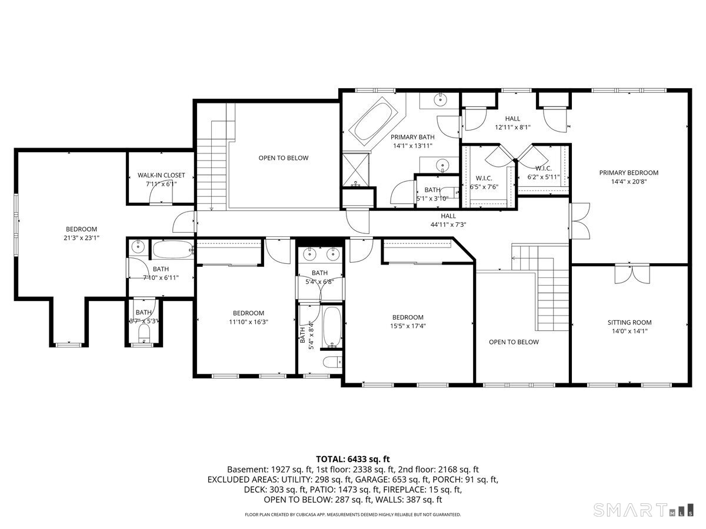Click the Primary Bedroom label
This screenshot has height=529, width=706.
click(628, 173)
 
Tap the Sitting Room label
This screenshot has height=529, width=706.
click(630, 322)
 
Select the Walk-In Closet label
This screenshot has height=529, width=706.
click(161, 175)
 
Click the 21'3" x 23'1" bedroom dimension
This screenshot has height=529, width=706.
click(81, 238)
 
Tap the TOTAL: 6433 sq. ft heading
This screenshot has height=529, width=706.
click(353, 459)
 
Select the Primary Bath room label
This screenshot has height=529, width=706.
click(413, 137)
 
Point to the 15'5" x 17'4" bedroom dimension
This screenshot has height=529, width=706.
click(408, 326)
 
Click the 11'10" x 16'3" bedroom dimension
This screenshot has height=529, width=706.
click(248, 322)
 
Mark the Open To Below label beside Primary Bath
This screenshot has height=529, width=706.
click(283, 158)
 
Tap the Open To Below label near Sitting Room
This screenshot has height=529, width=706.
click(514, 342)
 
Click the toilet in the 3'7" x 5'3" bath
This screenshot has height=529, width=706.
click(143, 336)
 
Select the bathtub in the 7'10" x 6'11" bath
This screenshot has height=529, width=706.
click(173, 250)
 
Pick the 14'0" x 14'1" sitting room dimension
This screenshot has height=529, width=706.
click(630, 331)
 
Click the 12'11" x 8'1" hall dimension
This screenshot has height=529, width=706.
click(512, 127)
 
